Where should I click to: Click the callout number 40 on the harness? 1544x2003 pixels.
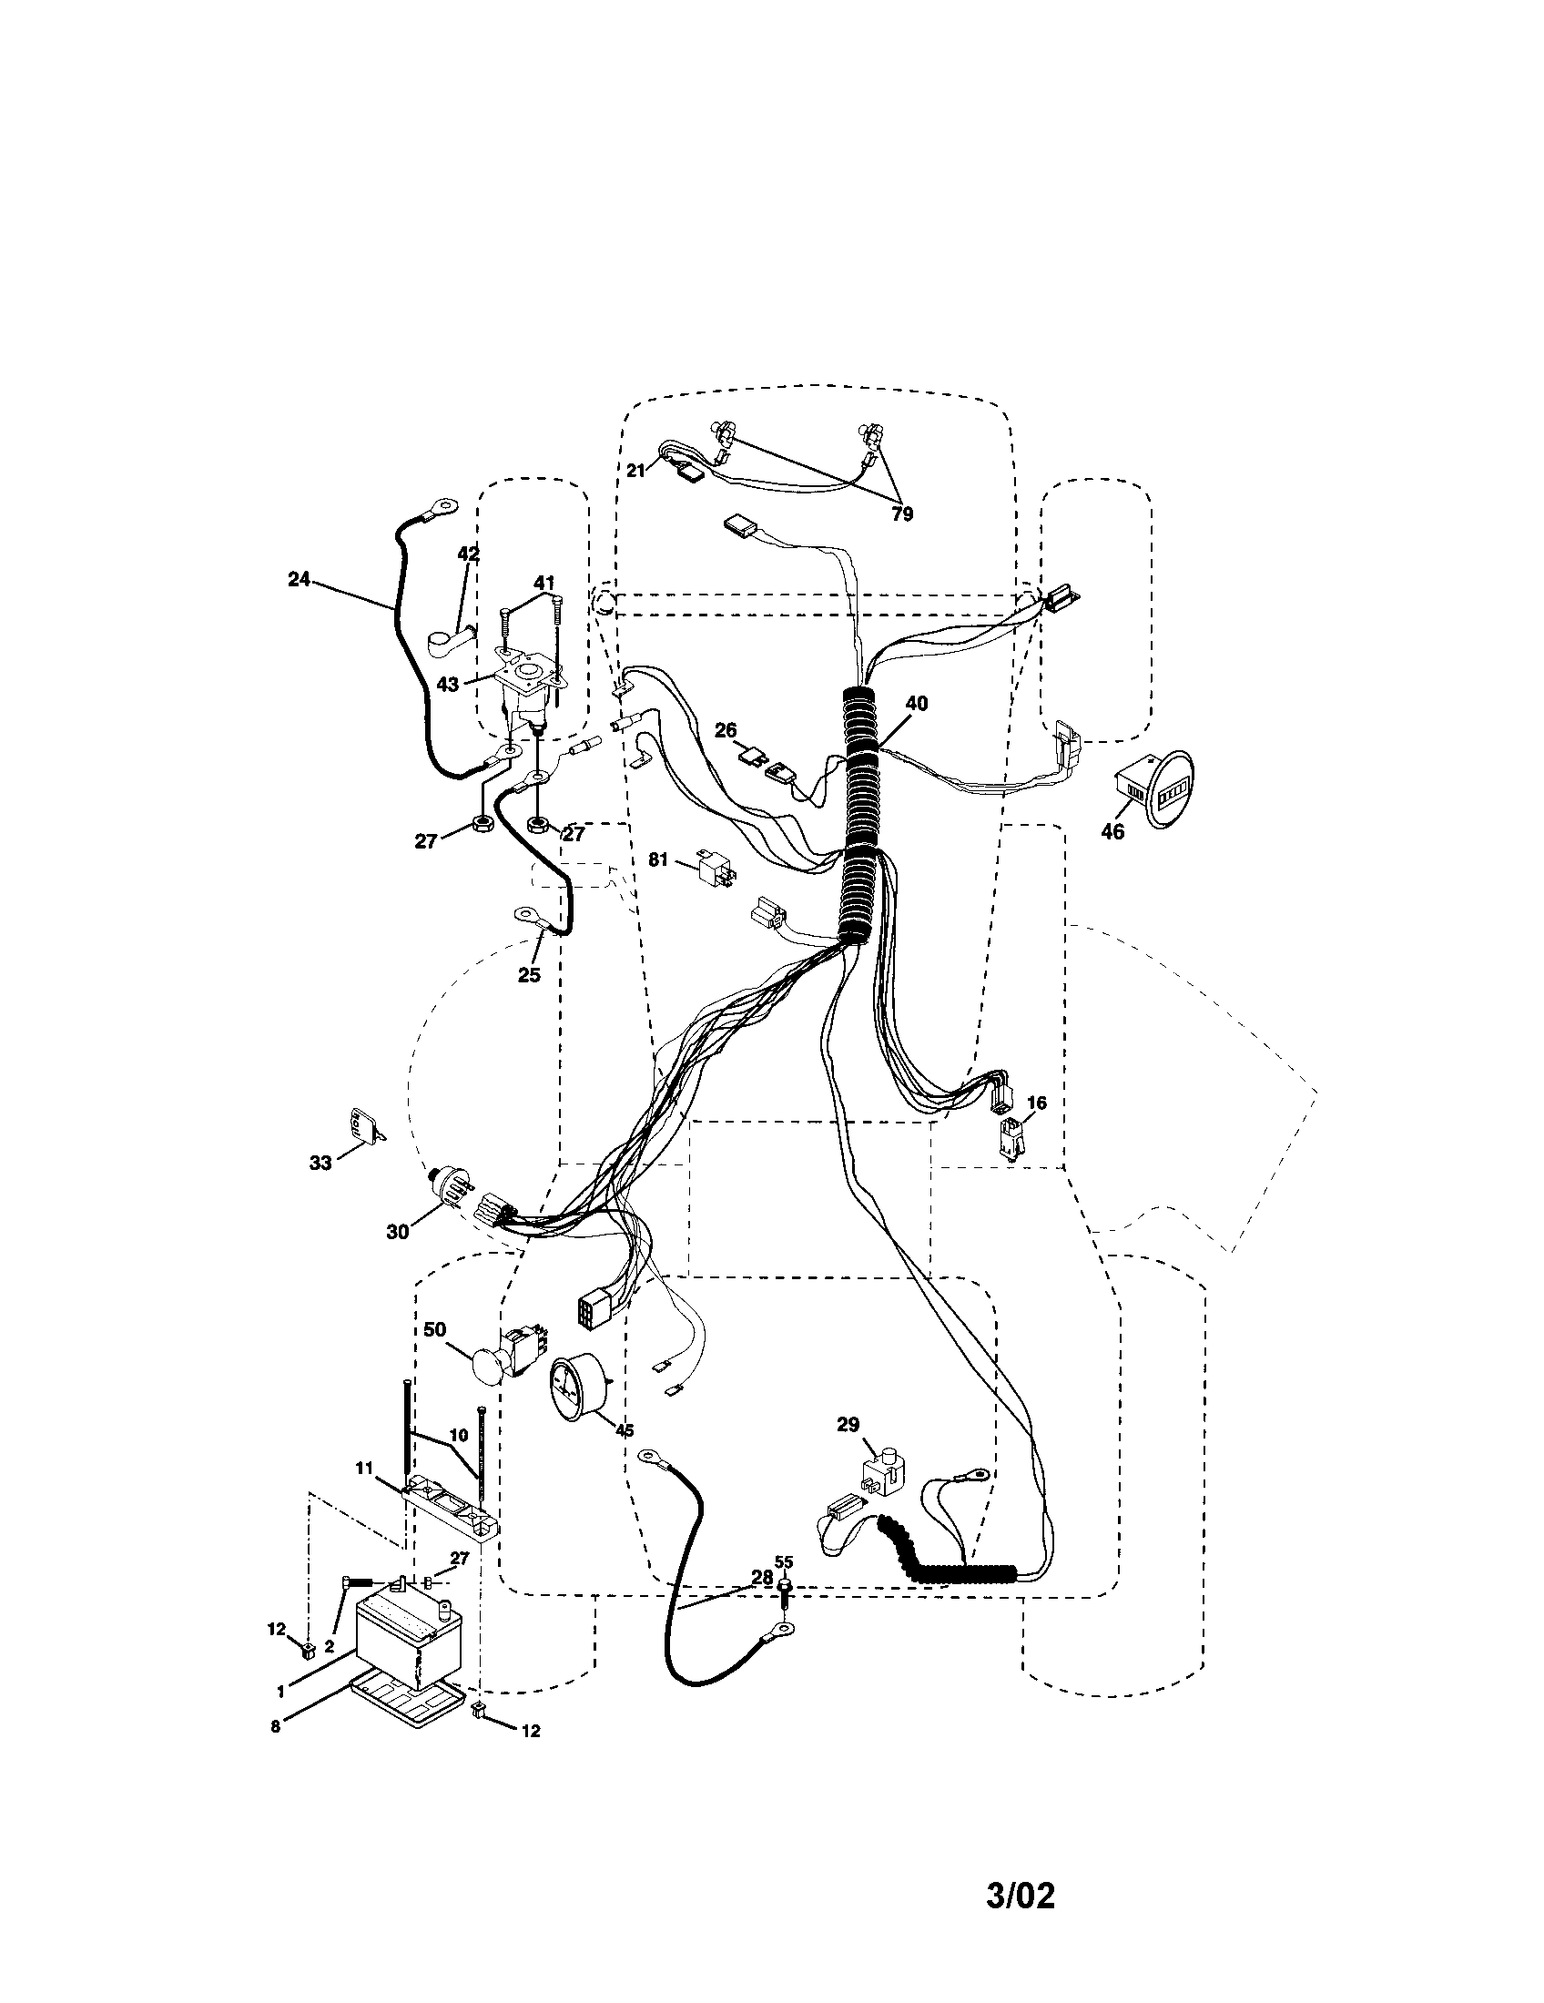tap(916, 704)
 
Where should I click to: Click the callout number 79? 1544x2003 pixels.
tap(902, 514)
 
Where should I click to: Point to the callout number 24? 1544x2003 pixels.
tap(299, 580)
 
